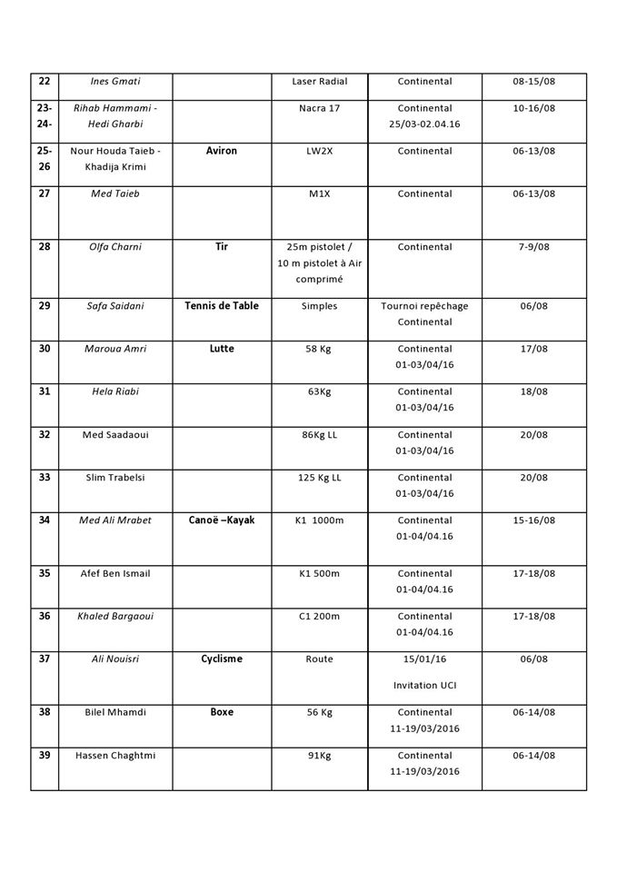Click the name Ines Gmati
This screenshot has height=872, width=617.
tap(114, 82)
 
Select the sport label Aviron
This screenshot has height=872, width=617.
tap(222, 151)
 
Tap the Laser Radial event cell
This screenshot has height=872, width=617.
tap(319, 82)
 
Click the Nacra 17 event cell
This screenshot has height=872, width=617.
tap(319, 108)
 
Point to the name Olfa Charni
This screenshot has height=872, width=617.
tap(114, 247)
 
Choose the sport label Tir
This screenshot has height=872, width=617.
tap(222, 246)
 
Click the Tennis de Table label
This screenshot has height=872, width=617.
tap(222, 306)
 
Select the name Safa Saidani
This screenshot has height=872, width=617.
tap(114, 306)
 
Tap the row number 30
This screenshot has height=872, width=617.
tap(45, 349)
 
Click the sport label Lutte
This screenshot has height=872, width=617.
tap(222, 349)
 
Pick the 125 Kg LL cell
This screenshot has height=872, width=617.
tap(319, 478)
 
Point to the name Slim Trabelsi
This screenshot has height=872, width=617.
tap(114, 478)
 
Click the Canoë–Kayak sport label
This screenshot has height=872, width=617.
tap(222, 520)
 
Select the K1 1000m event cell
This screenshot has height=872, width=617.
tap(319, 520)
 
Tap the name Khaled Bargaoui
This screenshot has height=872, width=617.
tap(114, 617)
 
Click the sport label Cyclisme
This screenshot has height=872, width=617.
tap(222, 659)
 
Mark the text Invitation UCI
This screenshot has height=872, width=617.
tap(424, 685)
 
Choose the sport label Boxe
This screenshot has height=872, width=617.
tap(222, 713)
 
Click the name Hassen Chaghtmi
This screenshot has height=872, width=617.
tap(115, 756)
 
